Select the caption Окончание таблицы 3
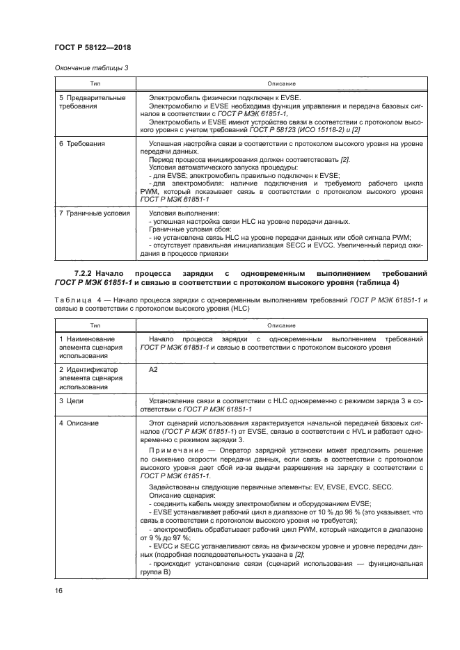(x=90, y=67)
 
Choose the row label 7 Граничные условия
(x=93, y=213)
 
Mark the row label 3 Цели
(x=72, y=402)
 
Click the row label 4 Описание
(x=79, y=423)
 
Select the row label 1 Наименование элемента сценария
(x=90, y=346)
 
